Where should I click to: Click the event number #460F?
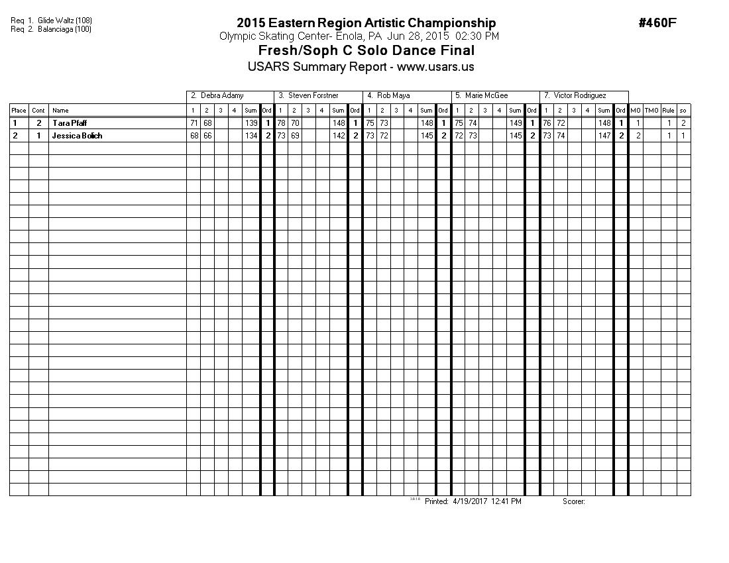coord(657,23)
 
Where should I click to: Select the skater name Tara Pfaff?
coord(69,123)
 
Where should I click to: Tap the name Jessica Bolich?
coord(77,136)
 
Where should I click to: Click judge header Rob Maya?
coord(393,96)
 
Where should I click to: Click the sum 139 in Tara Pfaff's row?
coord(251,123)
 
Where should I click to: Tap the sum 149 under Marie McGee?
coord(516,123)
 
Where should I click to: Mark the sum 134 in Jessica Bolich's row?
coord(251,136)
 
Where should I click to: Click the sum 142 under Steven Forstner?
coord(339,136)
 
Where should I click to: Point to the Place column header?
coord(19,111)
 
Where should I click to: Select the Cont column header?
coord(38,111)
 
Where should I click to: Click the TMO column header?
coord(652,111)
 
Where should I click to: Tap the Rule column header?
coord(668,111)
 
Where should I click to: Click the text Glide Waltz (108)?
coord(65,21)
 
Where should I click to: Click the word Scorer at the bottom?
coord(573,502)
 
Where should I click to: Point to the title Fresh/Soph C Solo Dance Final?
coord(366,51)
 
